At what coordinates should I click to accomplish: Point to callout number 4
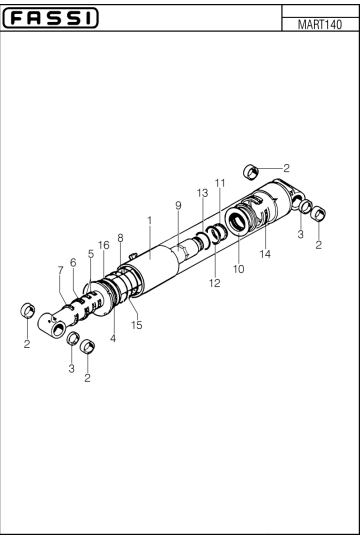tap(112, 338)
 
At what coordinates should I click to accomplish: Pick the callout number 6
tap(73, 261)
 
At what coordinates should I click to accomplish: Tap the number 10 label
tap(238, 268)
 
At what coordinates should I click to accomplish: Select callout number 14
tap(265, 254)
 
